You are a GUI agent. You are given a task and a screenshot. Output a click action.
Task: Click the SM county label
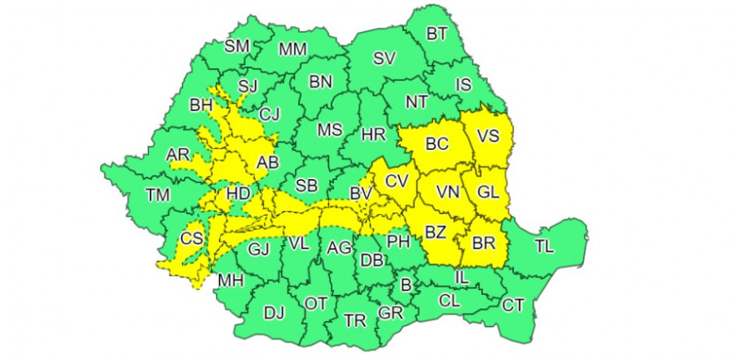[x=237, y=47]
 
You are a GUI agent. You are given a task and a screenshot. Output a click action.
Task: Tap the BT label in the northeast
[x=436, y=34]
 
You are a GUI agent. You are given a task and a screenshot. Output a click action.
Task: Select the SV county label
[x=384, y=58]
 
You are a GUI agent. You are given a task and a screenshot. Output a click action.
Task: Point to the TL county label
[x=544, y=245]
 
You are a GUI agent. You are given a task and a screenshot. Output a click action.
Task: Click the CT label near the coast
[x=512, y=305]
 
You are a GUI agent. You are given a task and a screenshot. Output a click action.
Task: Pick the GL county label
[x=487, y=192]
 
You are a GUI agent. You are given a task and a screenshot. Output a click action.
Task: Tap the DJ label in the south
[x=273, y=313]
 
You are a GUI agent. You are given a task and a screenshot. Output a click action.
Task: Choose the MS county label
[x=331, y=130]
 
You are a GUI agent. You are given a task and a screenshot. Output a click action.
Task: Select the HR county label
[x=372, y=135]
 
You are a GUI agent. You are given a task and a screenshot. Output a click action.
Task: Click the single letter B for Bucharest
[x=406, y=286]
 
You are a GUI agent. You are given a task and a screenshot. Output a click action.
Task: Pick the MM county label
[x=292, y=49]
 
